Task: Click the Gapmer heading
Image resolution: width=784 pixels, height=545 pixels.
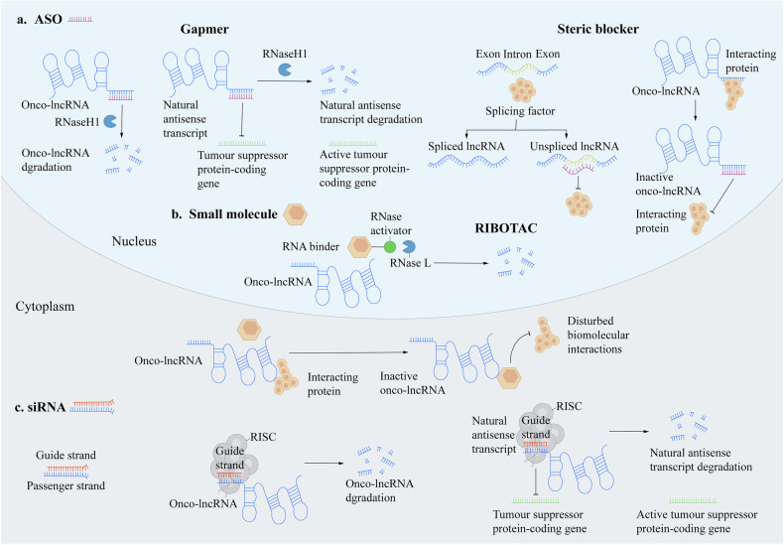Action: pyautogui.click(x=204, y=30)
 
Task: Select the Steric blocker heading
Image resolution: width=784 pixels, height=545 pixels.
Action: pyautogui.click(x=598, y=29)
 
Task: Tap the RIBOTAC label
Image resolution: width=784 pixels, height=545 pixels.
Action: pyautogui.click(x=506, y=228)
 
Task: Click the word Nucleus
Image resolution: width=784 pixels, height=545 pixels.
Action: pyautogui.click(x=134, y=241)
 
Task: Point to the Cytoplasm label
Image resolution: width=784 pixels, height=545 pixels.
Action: pyautogui.click(x=45, y=307)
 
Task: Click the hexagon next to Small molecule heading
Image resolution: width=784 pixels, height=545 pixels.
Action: pyautogui.click(x=296, y=214)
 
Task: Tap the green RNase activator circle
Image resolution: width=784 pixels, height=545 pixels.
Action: pyautogui.click(x=390, y=246)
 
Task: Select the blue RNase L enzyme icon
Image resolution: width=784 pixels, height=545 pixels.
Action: pyautogui.click(x=410, y=246)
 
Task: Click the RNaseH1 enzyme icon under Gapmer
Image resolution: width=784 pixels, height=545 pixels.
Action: pyautogui.click(x=286, y=69)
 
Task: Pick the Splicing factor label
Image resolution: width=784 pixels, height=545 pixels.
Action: pyautogui.click(x=520, y=111)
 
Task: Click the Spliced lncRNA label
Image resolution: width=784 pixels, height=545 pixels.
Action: pyautogui.click(x=466, y=147)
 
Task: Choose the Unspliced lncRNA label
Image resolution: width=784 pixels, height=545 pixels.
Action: pyautogui.click(x=575, y=147)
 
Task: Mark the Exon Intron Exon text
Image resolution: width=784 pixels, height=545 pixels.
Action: pyautogui.click(x=518, y=54)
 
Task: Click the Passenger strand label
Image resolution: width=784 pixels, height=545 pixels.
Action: pyautogui.click(x=66, y=485)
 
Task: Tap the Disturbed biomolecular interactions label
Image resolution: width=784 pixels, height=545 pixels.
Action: pyautogui.click(x=598, y=335)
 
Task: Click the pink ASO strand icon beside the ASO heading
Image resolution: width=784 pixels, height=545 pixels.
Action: pyautogui.click(x=80, y=20)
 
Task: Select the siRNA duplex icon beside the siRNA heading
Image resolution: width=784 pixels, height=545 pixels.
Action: pyautogui.click(x=92, y=406)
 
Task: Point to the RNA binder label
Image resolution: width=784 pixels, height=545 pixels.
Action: pyautogui.click(x=311, y=246)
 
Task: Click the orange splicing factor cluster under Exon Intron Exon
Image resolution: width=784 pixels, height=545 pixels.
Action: pyautogui.click(x=522, y=90)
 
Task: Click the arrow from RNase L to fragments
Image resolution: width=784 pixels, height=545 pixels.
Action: pyautogui.click(x=461, y=263)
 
